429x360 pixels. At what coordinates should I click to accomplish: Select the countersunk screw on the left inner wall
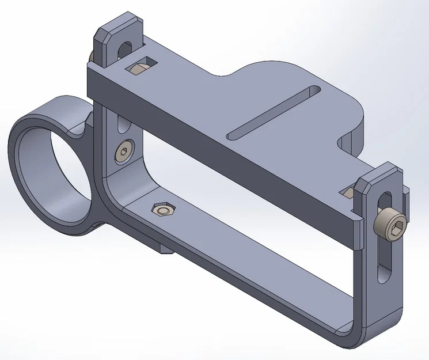click(124, 153)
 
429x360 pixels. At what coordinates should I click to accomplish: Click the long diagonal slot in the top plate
click(274, 112)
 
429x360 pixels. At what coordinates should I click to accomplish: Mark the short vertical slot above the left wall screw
click(120, 123)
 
